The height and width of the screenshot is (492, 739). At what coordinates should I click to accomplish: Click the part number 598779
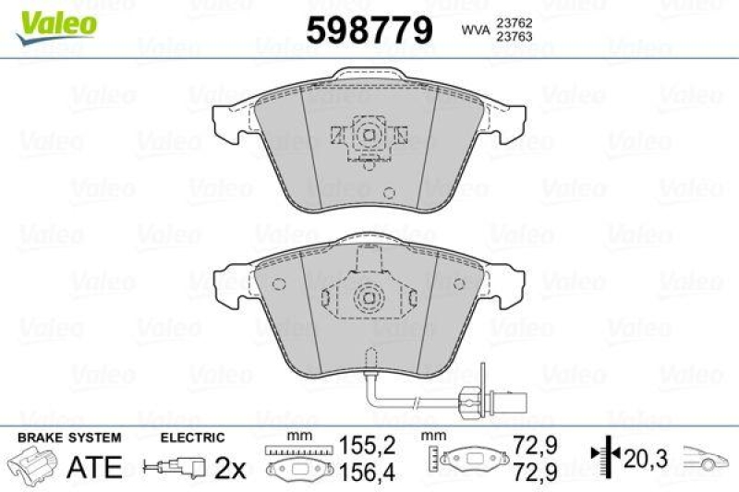click(369, 31)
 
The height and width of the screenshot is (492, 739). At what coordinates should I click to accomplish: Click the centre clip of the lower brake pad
click(369, 298)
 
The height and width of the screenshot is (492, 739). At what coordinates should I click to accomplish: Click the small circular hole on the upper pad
click(389, 194)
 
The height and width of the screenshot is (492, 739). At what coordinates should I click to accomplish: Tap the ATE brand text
click(95, 467)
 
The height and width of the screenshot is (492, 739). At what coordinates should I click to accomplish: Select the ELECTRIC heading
click(192, 437)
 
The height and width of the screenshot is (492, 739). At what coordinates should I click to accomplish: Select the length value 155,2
click(369, 445)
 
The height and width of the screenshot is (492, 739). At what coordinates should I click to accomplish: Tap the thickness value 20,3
click(643, 456)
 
